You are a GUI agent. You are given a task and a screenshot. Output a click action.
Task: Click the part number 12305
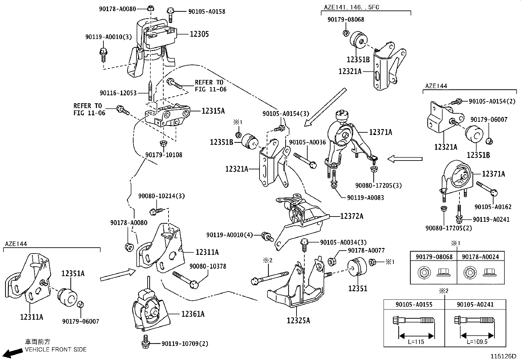coord(199,34)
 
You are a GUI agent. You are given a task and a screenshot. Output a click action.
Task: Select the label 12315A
coord(213,111)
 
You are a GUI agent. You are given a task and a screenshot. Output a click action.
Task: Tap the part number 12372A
coord(352,216)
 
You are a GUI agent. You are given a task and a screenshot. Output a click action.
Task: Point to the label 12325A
coord(298,321)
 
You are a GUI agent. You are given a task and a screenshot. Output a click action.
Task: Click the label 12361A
coord(193,314)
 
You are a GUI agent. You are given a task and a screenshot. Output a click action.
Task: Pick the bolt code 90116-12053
coord(118,93)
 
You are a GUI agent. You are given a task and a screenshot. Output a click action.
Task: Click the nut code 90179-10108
coord(164,155)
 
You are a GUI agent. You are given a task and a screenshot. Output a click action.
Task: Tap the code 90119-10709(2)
coord(185,344)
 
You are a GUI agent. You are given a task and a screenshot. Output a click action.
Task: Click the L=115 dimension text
coord(416,342)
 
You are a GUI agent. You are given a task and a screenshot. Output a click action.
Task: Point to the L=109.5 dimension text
coord(477,342)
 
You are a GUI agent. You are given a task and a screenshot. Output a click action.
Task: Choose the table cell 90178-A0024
coord(480,257)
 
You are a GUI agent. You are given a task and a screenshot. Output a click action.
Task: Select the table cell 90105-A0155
coord(414,304)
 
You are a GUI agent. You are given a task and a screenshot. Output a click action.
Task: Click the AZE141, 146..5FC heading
coord(351,7)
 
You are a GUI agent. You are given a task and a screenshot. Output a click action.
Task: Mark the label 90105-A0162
coord(493,207)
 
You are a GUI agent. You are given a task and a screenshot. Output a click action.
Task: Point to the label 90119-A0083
coord(366,198)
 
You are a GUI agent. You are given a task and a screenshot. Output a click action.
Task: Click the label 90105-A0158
coord(207,11)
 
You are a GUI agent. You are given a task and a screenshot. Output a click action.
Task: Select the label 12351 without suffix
coord(358,289)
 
